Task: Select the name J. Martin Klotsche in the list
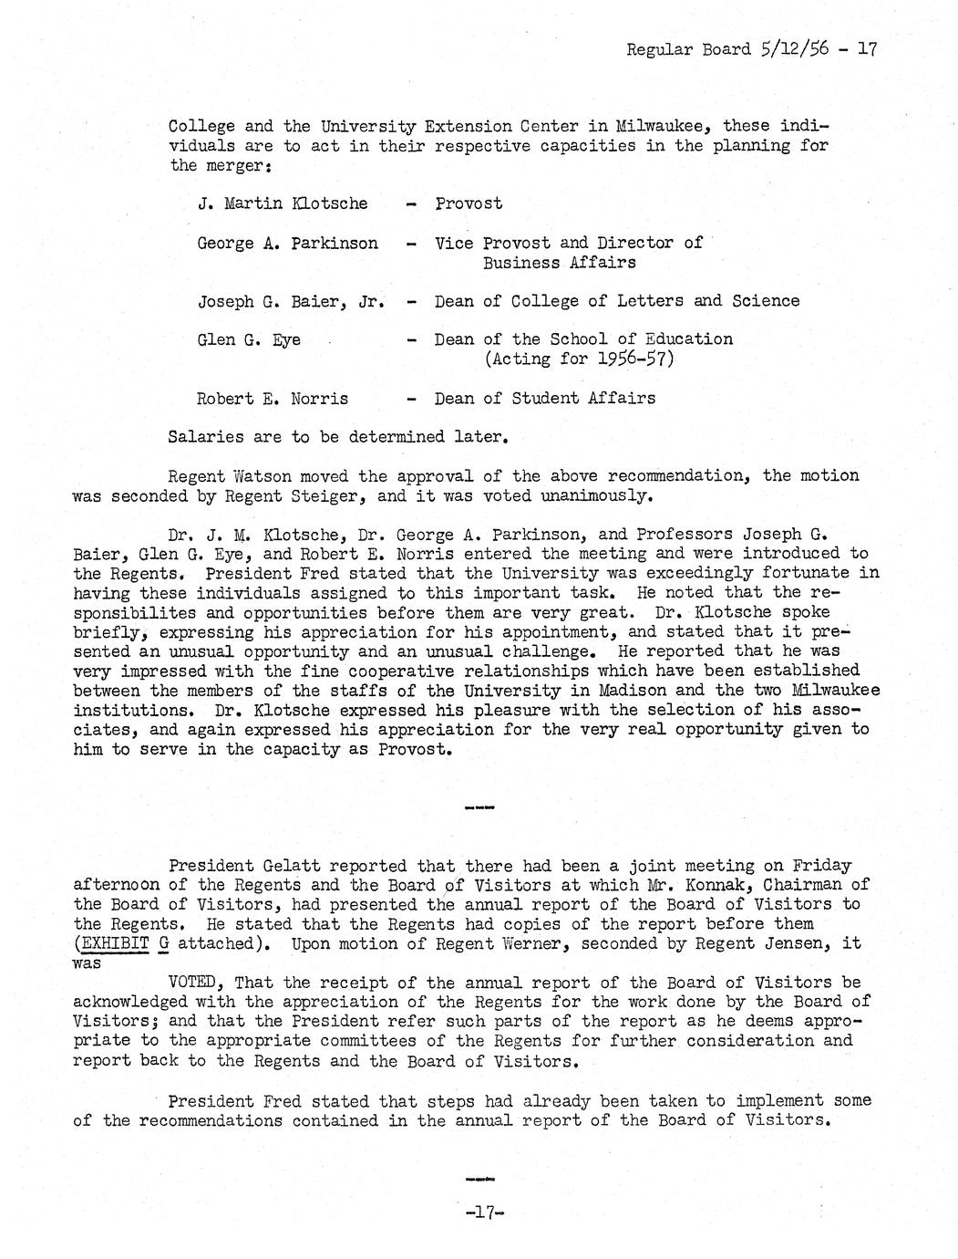(x=283, y=203)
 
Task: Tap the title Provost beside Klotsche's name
(x=469, y=203)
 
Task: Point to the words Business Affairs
(x=560, y=263)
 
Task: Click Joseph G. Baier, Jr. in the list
(x=290, y=301)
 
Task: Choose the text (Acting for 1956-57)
(x=579, y=359)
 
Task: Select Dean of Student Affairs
(x=545, y=398)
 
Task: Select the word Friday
(x=822, y=866)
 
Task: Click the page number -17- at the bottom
(x=484, y=1213)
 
